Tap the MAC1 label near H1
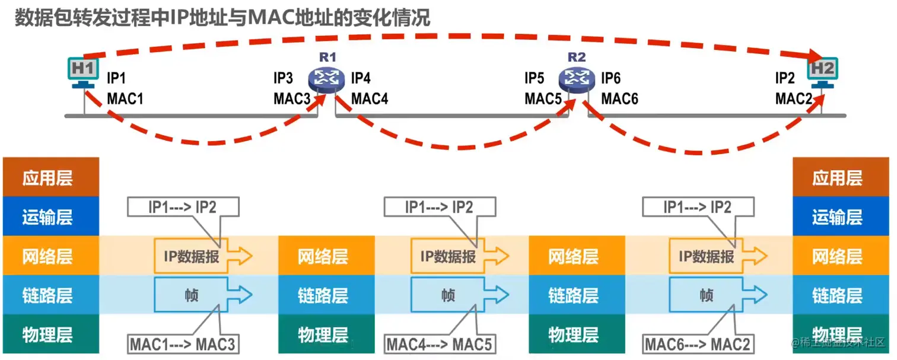[125, 98]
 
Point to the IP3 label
[283, 78]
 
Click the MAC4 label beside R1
[370, 98]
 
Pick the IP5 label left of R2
[534, 78]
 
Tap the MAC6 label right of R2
[620, 98]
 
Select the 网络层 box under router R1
[326, 256]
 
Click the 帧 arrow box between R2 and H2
[712, 295]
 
